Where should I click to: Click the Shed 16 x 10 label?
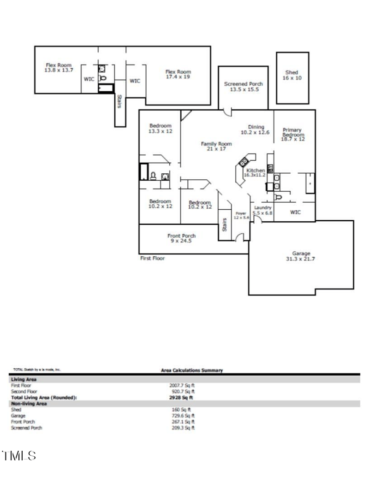292,75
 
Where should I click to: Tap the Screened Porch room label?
244,87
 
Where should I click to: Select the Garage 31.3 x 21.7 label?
301,256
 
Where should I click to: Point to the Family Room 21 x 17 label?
216,146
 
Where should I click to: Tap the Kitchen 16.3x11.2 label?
255,172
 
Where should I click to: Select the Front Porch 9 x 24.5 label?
181,238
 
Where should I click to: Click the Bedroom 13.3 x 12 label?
160,128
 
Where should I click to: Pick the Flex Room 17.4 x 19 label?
178,74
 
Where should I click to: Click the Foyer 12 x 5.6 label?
242,216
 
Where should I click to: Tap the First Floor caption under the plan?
152,259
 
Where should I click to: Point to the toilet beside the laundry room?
278,197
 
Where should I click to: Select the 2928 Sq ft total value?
182,397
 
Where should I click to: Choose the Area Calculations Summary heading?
192,370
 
